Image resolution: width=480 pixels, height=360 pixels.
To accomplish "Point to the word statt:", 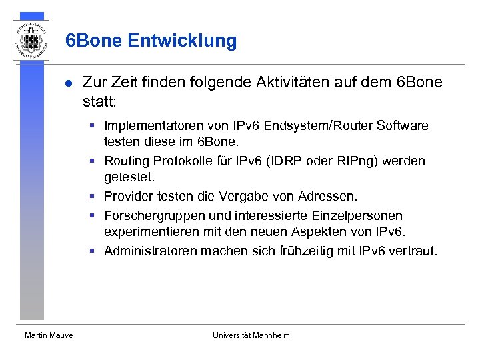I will coord(99,103).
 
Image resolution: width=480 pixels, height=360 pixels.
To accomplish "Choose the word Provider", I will coord(127,197).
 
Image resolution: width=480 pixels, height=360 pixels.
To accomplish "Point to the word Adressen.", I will coord(331,197).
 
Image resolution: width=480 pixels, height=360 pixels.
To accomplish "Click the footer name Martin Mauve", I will coord(49,335).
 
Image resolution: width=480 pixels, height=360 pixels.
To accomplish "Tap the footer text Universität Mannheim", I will coord(251,335).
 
